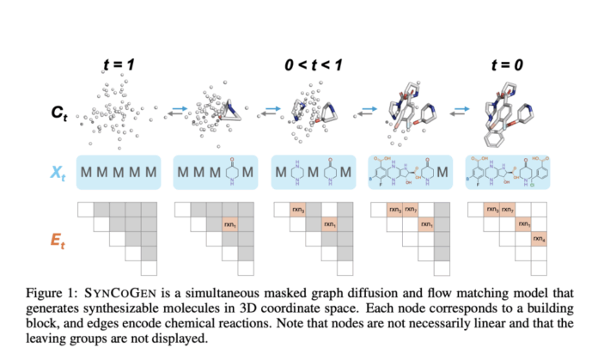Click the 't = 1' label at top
[x=119, y=63]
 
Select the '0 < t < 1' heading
[x=312, y=63]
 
